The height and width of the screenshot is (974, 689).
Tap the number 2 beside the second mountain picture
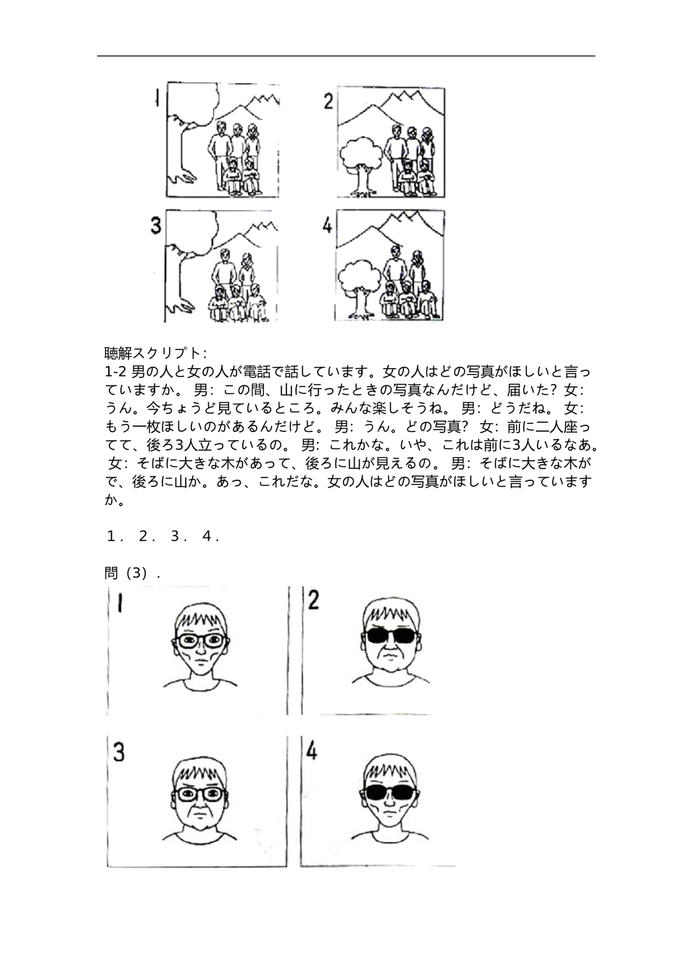tap(329, 101)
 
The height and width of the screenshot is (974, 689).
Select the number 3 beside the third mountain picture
tap(156, 225)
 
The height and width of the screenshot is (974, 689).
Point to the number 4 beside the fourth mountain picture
tap(328, 226)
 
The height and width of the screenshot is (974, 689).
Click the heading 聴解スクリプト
tap(156, 354)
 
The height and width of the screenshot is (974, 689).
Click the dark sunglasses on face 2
tap(390, 636)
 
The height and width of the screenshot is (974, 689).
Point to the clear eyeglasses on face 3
tap(200, 794)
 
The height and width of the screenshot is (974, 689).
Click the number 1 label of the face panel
tap(119, 604)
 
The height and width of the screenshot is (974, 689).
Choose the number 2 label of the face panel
tap(314, 601)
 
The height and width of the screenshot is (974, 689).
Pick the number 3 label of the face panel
tap(119, 753)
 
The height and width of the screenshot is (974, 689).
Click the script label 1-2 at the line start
tap(116, 372)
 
